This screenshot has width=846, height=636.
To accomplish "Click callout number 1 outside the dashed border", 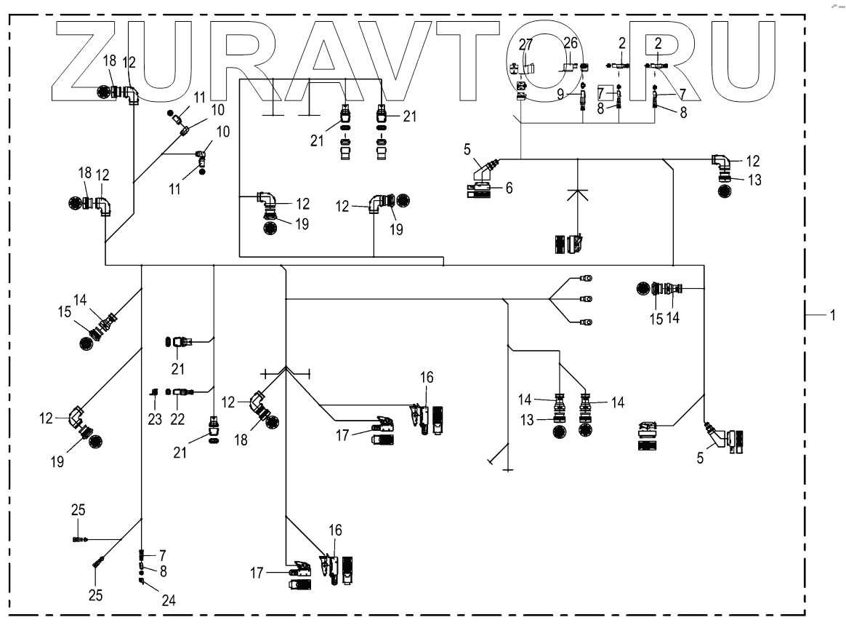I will click(833, 316).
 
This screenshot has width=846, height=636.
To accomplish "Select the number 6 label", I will click(509, 188).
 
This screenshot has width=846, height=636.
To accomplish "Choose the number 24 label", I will click(169, 600).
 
